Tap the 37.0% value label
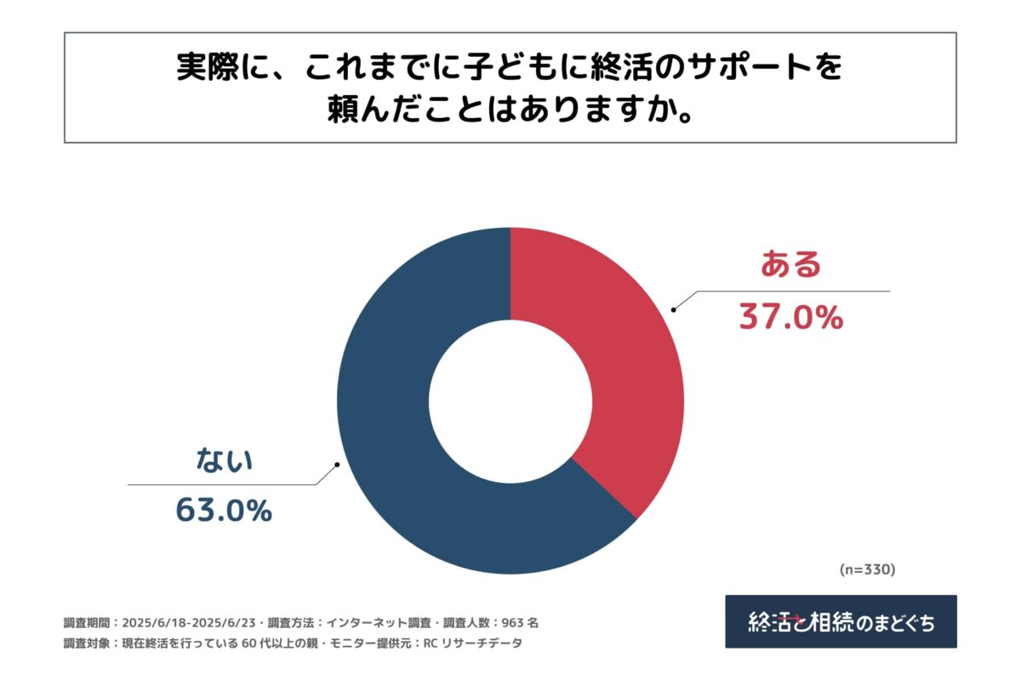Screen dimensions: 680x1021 pos(790,318)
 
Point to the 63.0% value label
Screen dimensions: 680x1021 pos(224,510)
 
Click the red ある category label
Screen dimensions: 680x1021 pos(790,265)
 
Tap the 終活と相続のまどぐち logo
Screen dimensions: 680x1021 pos(841,622)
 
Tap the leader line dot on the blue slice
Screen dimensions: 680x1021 pos(338,464)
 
